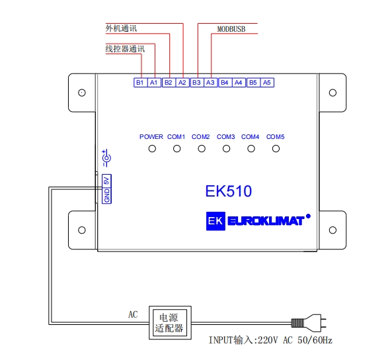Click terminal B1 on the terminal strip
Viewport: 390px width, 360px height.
[x=140, y=83]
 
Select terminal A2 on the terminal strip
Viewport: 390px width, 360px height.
[x=182, y=83]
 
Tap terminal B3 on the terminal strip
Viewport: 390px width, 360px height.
[x=197, y=83]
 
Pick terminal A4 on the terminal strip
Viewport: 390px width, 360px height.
[x=239, y=83]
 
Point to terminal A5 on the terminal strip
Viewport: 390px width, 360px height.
[x=267, y=83]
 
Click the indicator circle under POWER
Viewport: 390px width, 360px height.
[x=152, y=149]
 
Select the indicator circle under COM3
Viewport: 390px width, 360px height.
[x=226, y=149]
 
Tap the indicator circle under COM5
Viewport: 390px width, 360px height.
[x=276, y=149]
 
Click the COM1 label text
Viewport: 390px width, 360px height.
[x=176, y=137]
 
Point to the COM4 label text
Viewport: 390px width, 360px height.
[x=251, y=137]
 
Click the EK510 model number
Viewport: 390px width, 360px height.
[x=229, y=191]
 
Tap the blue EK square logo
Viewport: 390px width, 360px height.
[x=215, y=221]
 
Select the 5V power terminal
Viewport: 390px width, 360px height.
[x=106, y=180]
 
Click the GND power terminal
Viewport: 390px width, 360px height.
[x=106, y=195]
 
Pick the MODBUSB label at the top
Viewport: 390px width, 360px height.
[x=231, y=29]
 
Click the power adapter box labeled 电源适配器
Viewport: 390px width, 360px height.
[x=170, y=323]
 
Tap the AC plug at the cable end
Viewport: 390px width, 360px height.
[x=309, y=323]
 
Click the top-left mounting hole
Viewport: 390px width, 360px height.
[x=82, y=93]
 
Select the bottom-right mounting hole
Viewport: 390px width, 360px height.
[x=332, y=230]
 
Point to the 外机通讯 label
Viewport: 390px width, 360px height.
[x=121, y=28]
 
